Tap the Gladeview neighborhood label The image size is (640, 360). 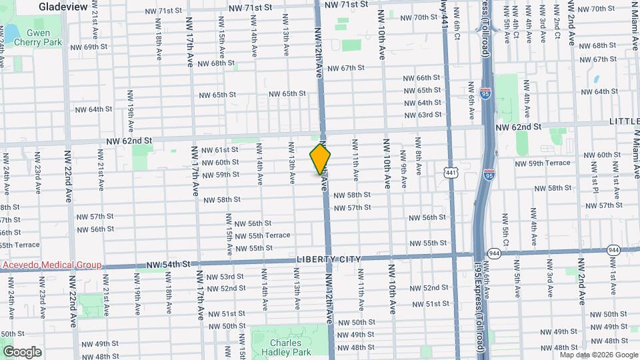coord(63,6)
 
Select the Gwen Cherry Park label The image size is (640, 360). coord(43,37)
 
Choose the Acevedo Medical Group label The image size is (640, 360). coord(51,265)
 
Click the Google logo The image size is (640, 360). coord(21,351)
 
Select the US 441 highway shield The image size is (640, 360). coord(452,173)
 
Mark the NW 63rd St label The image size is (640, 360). coord(423,115)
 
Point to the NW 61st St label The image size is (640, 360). coord(219,150)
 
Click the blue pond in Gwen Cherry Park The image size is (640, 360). coord(10,31)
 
